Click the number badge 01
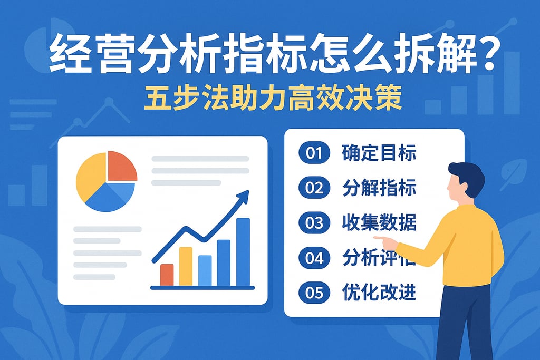tap(314, 153)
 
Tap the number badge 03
tap(314, 223)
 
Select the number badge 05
tap(314, 293)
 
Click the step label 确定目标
tap(379, 153)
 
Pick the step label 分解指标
tap(379, 188)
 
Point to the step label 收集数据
tap(379, 223)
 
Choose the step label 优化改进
tap(379, 293)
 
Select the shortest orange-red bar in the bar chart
tap(167, 274)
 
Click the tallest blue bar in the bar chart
tap(243, 251)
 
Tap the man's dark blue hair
tap(467, 172)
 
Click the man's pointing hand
tap(389, 243)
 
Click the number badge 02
tap(314, 188)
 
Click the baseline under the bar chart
tap(202, 288)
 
